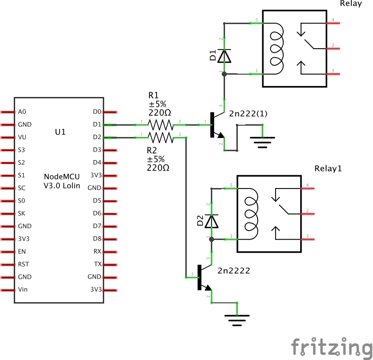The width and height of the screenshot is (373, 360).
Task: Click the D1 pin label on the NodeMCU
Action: point(97,125)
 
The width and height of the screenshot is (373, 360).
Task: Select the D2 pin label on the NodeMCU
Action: point(97,137)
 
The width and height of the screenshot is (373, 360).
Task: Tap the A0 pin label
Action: point(22,112)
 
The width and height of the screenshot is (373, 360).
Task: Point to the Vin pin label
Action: point(22,290)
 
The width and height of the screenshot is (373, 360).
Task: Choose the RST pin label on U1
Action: point(23,264)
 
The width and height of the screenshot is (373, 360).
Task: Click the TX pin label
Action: point(97,264)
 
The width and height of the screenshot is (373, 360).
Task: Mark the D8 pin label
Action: point(97,239)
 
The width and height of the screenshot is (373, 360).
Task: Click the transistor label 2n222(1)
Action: point(248,114)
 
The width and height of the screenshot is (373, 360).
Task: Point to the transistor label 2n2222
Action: point(234,271)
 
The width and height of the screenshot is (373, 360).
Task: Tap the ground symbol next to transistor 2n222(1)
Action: point(262,140)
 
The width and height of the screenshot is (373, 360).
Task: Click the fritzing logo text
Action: point(331,349)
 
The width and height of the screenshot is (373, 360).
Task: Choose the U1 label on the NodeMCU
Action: point(60,132)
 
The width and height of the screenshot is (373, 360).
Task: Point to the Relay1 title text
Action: point(328,169)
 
